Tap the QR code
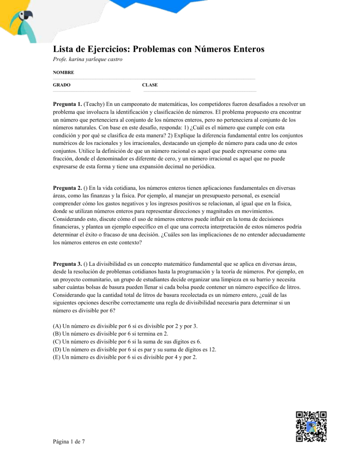point(310,427)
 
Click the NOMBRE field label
point(63,73)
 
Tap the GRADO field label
point(62,85)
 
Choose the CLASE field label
point(150,85)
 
